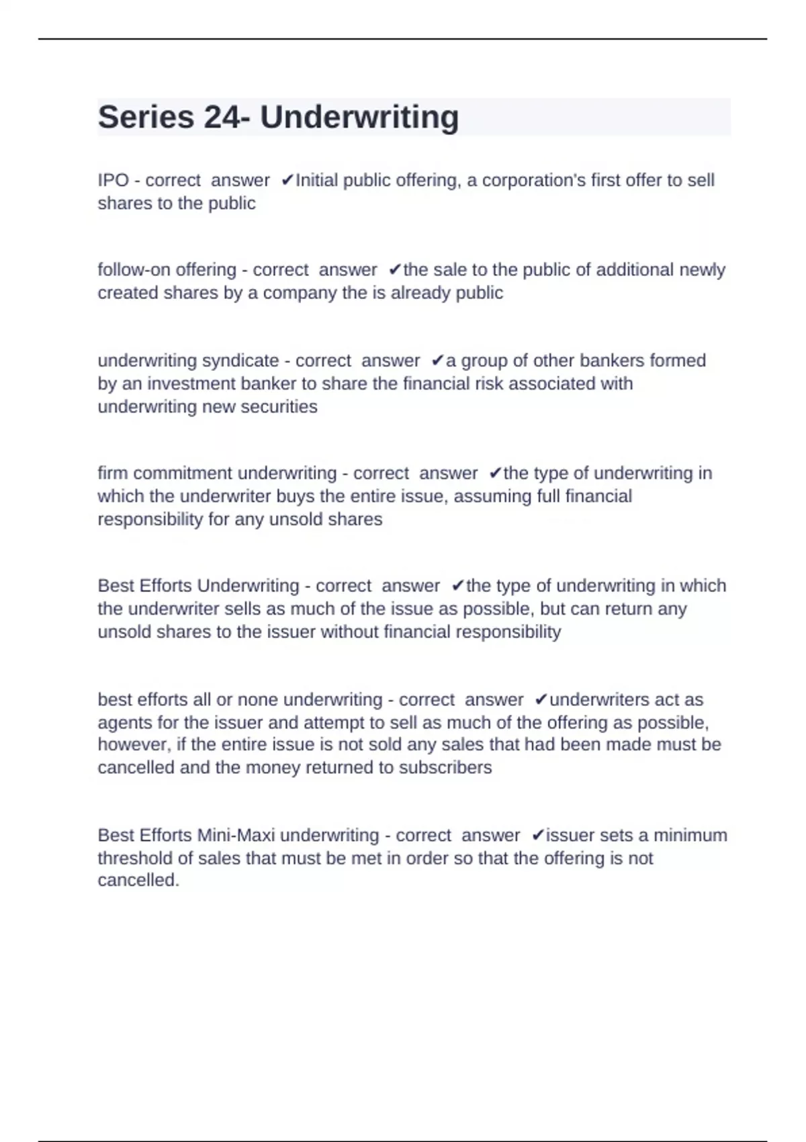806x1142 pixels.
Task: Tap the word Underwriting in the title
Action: tap(359, 118)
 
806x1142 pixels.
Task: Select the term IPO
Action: tap(113, 181)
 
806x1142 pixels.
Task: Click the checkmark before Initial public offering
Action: tap(287, 181)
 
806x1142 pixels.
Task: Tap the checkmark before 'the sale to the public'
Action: tap(395, 270)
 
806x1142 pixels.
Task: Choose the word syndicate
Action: tap(240, 361)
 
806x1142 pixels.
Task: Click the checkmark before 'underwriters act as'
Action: tap(541, 700)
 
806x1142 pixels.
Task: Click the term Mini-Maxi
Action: tap(236, 836)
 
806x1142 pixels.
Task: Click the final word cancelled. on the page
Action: tap(138, 881)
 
